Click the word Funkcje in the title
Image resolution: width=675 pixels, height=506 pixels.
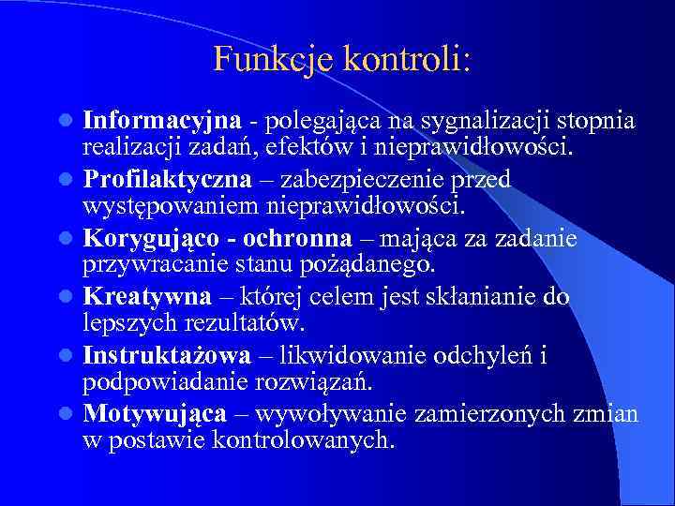coord(260,60)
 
